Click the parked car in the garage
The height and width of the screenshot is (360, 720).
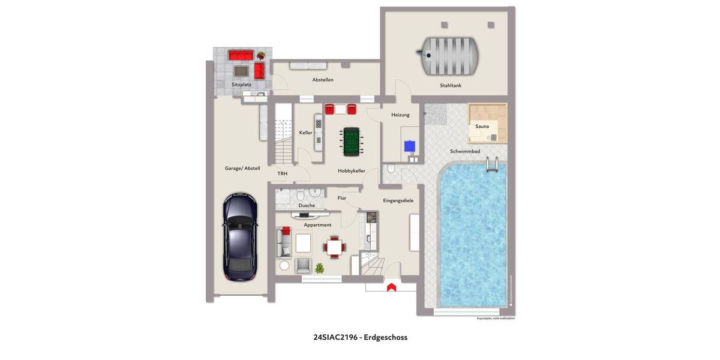[240, 236]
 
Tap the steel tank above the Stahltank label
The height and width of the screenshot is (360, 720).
[450, 56]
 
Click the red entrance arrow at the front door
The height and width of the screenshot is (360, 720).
[391, 287]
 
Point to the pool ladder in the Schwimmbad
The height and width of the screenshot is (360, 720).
[492, 163]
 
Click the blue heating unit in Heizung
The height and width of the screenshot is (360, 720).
[410, 146]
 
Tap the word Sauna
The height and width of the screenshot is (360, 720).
[482, 127]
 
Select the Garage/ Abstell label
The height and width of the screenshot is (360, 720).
[242, 169]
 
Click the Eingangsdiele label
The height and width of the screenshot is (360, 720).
[398, 200]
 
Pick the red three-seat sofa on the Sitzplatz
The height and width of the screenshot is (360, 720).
[240, 55]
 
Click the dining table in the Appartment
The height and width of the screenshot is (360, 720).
[334, 246]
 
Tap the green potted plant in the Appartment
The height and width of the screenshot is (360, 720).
[320, 268]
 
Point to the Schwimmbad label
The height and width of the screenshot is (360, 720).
[465, 151]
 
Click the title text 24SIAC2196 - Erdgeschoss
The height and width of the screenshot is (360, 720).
[360, 337]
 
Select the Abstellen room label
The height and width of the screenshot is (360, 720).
[323, 80]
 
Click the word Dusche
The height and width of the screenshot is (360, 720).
[307, 205]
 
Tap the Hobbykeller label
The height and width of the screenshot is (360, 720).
[352, 171]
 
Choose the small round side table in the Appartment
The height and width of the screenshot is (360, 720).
[284, 265]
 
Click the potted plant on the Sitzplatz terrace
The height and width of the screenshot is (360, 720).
[261, 55]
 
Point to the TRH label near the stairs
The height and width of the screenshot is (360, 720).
[282, 174]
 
